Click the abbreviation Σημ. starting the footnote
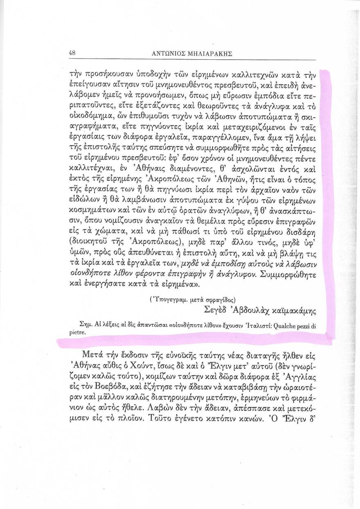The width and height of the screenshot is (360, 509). coord(86,326)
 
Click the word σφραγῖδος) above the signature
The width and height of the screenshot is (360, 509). coord(218,299)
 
